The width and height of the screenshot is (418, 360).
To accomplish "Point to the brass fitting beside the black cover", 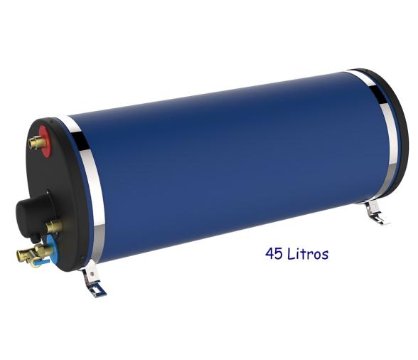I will coord(53,227).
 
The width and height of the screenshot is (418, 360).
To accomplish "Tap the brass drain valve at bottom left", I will coord(28,254).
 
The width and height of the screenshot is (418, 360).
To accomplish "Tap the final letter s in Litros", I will coord(325,255).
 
